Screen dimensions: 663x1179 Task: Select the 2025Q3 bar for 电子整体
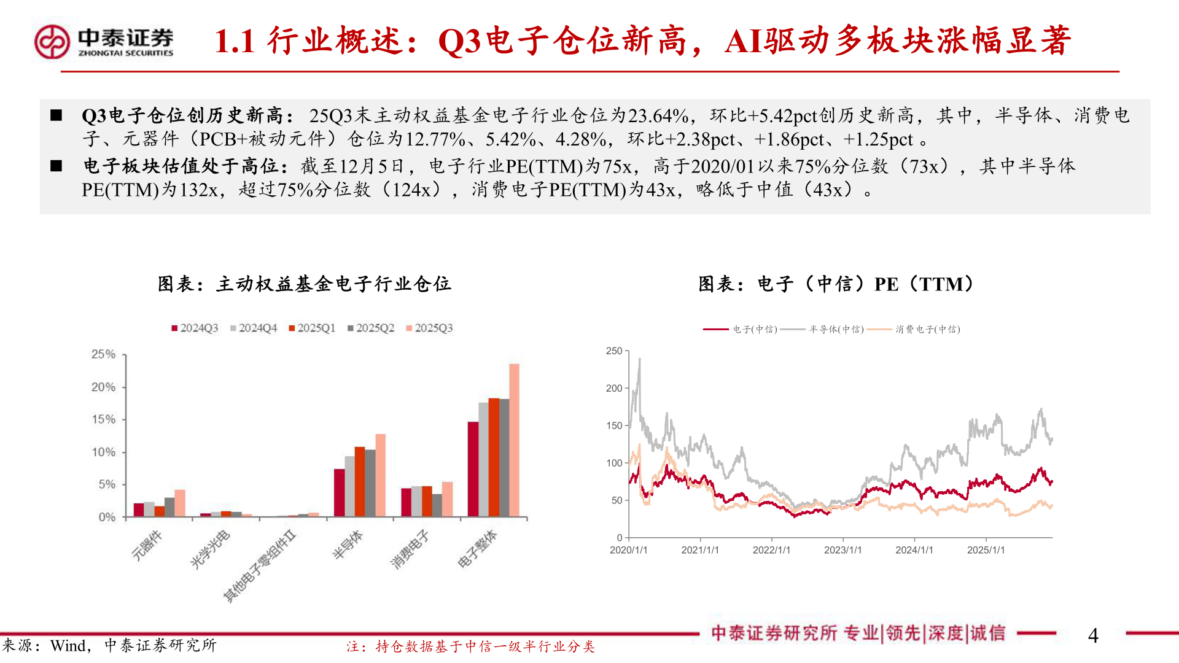[x=514, y=440]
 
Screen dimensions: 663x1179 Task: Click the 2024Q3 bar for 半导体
[x=339, y=492]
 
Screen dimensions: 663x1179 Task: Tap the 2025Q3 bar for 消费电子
[x=447, y=498]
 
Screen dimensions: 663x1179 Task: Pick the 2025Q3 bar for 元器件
[x=179, y=503]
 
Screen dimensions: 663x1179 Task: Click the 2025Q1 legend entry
[x=312, y=328]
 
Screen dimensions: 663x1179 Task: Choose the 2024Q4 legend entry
[x=254, y=328]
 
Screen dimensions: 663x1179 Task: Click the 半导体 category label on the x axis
[x=348, y=545]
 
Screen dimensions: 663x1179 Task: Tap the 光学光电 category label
[x=210, y=549]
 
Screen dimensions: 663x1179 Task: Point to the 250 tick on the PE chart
[x=613, y=351]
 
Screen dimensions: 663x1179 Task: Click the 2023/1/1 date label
[x=842, y=550]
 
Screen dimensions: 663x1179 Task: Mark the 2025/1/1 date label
[x=986, y=550]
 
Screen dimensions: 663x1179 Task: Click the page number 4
[x=1093, y=635]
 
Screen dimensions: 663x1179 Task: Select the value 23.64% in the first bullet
[x=658, y=116]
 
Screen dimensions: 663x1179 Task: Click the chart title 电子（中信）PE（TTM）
[x=836, y=284]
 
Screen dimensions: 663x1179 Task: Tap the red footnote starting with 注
[x=470, y=646]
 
